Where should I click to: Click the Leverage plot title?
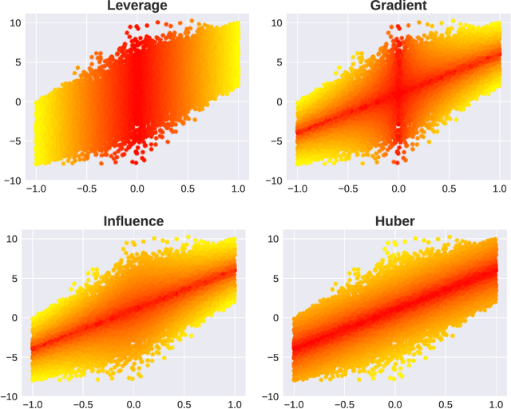(137, 6)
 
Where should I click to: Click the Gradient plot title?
(398, 6)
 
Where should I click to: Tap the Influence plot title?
(134, 221)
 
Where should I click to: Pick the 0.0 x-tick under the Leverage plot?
(137, 191)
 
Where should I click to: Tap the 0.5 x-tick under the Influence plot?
(185, 404)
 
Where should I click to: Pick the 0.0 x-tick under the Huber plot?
(397, 404)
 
